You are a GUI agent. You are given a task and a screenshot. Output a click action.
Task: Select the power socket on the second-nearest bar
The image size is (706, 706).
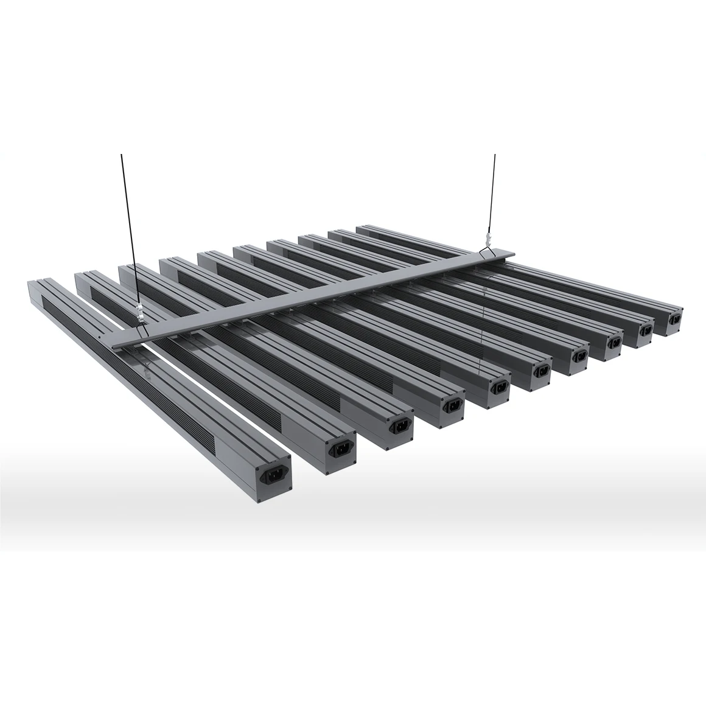338,450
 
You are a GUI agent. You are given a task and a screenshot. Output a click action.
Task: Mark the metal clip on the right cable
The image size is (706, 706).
487,232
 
